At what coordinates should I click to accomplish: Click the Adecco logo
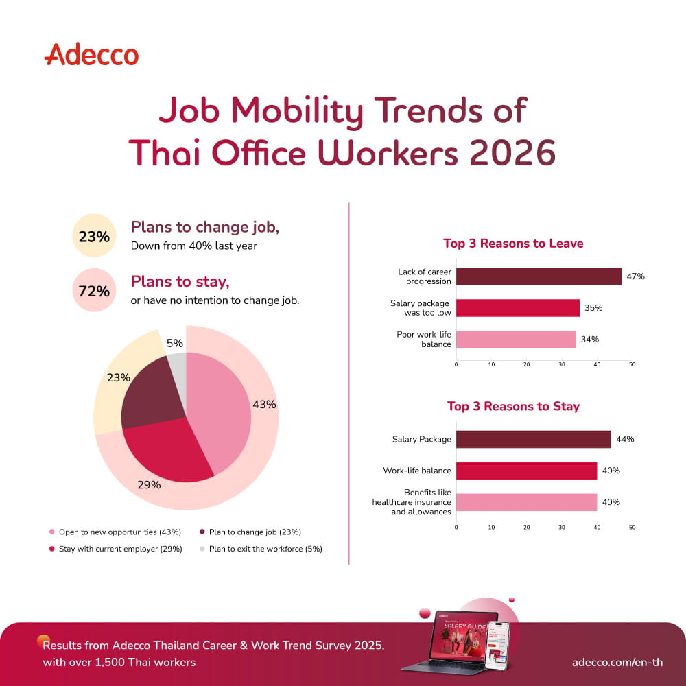coord(91,55)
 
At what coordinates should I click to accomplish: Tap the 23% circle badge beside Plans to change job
coord(94,236)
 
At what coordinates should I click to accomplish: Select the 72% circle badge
coord(94,290)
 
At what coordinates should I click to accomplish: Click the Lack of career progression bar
coord(539,276)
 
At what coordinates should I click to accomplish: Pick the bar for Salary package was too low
coord(518,308)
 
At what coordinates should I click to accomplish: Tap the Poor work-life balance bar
coord(517,339)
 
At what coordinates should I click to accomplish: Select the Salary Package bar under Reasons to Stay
coord(534,439)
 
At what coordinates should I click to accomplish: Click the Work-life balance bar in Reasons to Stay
coord(527,471)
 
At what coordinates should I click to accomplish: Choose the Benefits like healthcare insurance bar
coord(527,502)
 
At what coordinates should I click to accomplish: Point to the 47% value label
coord(636,276)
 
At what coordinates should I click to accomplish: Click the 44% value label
coord(625,439)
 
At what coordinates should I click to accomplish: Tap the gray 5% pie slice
coord(177,366)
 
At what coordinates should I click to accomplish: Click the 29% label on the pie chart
coord(149,485)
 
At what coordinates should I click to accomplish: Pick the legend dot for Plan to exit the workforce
coord(202,549)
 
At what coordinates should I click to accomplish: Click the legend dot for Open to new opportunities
coord(52,532)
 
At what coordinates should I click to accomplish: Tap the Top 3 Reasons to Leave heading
coord(513,244)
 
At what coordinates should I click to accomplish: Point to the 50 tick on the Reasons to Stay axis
coord(632,528)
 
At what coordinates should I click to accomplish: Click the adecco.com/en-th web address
coord(617,663)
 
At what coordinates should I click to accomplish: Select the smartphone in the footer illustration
coord(498,645)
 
